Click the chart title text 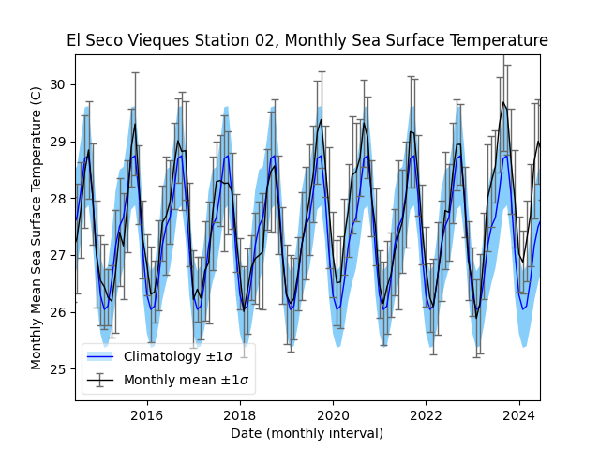307,40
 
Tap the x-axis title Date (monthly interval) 307,433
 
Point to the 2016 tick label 146,415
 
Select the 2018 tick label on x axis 239,415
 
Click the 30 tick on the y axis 58,84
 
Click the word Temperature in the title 500,40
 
